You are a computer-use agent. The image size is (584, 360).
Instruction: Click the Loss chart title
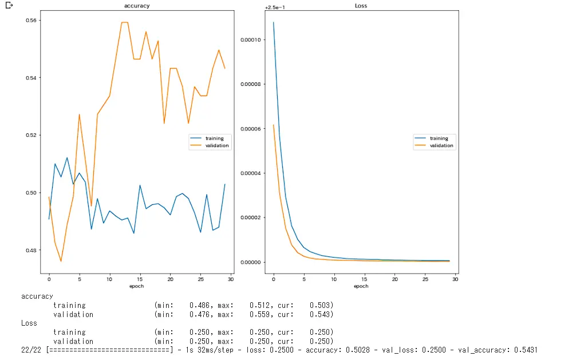point(361,6)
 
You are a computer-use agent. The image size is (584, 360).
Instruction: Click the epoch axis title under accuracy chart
point(137,286)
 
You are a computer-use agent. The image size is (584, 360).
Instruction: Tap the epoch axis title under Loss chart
point(361,286)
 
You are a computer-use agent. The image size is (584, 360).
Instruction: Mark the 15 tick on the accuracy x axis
point(140,279)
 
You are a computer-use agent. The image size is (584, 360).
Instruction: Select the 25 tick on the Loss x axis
point(425,279)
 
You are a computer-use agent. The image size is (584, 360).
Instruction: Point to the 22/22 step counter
point(31,350)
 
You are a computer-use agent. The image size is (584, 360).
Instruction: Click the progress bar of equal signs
point(109,350)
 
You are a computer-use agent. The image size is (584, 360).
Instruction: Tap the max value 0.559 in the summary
point(260,314)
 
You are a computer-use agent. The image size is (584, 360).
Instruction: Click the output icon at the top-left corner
point(9,6)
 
